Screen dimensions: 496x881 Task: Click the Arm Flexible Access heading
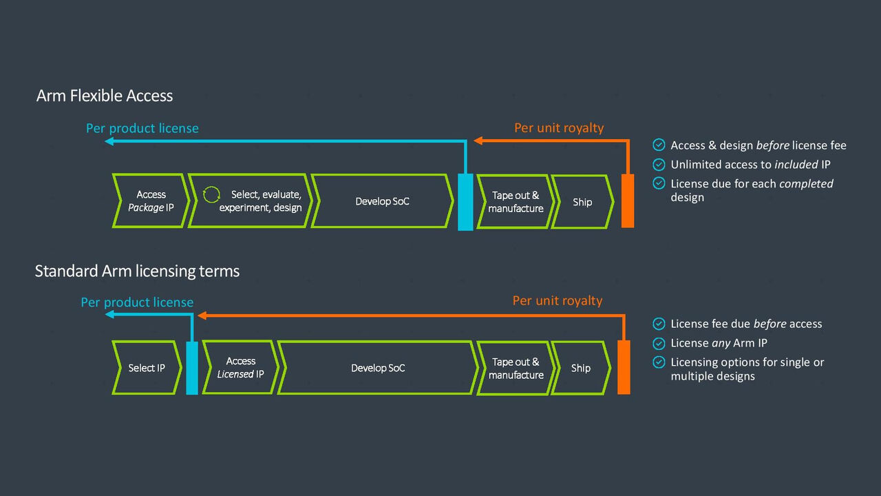pos(105,96)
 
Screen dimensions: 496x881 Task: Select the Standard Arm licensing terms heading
pos(137,271)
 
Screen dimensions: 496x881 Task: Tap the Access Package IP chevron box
pos(150,201)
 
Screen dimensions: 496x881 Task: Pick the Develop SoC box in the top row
pos(382,201)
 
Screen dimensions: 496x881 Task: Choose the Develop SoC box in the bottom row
pos(378,368)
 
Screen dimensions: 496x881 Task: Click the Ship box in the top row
pos(582,202)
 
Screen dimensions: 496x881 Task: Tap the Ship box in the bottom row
pos(580,368)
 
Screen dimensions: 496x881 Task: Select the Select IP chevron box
pos(147,368)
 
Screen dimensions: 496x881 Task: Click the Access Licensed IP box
pos(240,368)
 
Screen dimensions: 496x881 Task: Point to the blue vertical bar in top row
pos(465,202)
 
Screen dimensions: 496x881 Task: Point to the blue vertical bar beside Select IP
pos(192,368)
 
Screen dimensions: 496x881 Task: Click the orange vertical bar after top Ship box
pos(628,200)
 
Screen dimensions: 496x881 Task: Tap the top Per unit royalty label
pos(559,128)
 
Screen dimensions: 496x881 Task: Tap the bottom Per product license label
pos(137,302)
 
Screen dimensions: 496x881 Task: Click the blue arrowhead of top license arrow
pos(109,141)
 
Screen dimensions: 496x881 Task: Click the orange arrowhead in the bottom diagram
pos(202,316)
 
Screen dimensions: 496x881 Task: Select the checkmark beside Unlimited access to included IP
pos(659,165)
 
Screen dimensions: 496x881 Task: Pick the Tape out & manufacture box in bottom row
pos(516,368)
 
